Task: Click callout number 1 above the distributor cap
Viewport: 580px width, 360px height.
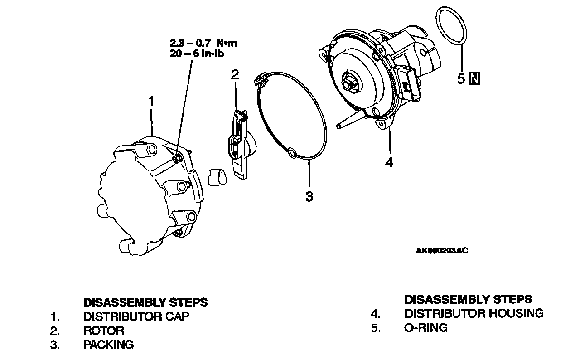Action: coord(151,101)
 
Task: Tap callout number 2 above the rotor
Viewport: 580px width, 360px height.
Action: coord(234,75)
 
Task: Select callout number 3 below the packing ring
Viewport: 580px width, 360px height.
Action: coord(309,196)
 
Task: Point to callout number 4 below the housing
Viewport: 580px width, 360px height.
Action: coord(389,162)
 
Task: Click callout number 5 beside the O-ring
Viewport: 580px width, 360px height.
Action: coord(461,79)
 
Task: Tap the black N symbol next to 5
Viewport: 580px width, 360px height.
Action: coord(475,79)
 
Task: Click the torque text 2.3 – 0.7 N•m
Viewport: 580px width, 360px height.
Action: coord(203,44)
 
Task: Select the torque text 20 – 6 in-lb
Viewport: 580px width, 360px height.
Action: coord(197,53)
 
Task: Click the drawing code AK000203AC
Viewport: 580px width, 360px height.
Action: coord(442,250)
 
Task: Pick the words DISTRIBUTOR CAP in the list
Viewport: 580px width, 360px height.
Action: coord(136,316)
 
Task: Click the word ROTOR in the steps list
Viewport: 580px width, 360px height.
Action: coord(104,331)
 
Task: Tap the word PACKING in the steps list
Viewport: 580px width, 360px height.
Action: coord(109,345)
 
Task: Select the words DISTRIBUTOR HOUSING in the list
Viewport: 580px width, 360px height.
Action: coord(474,313)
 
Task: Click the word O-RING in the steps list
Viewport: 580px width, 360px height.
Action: coord(426,327)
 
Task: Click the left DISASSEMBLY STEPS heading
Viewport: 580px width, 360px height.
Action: coord(146,302)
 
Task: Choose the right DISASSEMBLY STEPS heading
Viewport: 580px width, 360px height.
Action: coord(468,299)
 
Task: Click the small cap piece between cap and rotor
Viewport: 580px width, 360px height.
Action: coord(216,176)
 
